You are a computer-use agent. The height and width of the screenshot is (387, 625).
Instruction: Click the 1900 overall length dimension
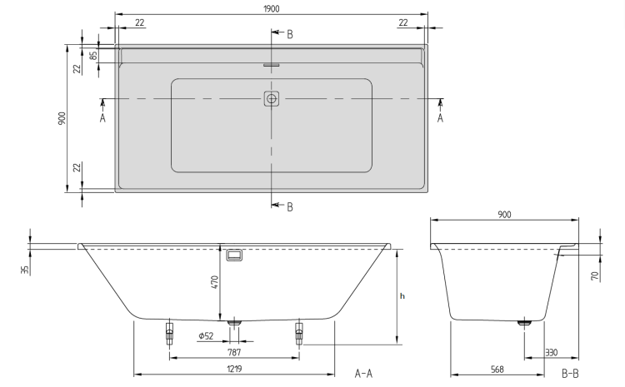272,9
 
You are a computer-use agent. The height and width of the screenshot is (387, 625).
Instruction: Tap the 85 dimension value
93,55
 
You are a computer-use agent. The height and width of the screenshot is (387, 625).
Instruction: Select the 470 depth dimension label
215,282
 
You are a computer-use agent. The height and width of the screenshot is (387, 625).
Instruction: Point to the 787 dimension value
234,352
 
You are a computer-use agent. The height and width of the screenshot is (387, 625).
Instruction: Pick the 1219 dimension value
234,369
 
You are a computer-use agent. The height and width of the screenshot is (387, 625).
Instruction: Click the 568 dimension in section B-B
497,370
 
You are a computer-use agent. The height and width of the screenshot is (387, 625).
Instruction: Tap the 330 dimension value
552,352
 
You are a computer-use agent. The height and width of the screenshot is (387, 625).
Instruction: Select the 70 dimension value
595,276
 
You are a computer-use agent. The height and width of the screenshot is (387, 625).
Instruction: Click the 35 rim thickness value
25,270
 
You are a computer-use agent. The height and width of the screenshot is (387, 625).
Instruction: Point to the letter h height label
402,296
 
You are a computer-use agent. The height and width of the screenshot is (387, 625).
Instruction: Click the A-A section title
363,374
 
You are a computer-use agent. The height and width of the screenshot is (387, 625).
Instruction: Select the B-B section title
570,374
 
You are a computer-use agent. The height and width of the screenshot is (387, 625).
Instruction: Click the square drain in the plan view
272,98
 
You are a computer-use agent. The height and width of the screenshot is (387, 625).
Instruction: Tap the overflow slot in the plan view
272,65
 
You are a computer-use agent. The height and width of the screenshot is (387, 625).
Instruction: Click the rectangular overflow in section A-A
234,256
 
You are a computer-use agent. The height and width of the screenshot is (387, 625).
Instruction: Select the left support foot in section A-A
169,332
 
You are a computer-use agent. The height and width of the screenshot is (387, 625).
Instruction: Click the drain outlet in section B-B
524,323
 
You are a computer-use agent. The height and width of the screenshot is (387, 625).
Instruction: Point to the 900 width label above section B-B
504,215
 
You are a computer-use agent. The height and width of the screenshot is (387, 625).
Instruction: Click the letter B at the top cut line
290,35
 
